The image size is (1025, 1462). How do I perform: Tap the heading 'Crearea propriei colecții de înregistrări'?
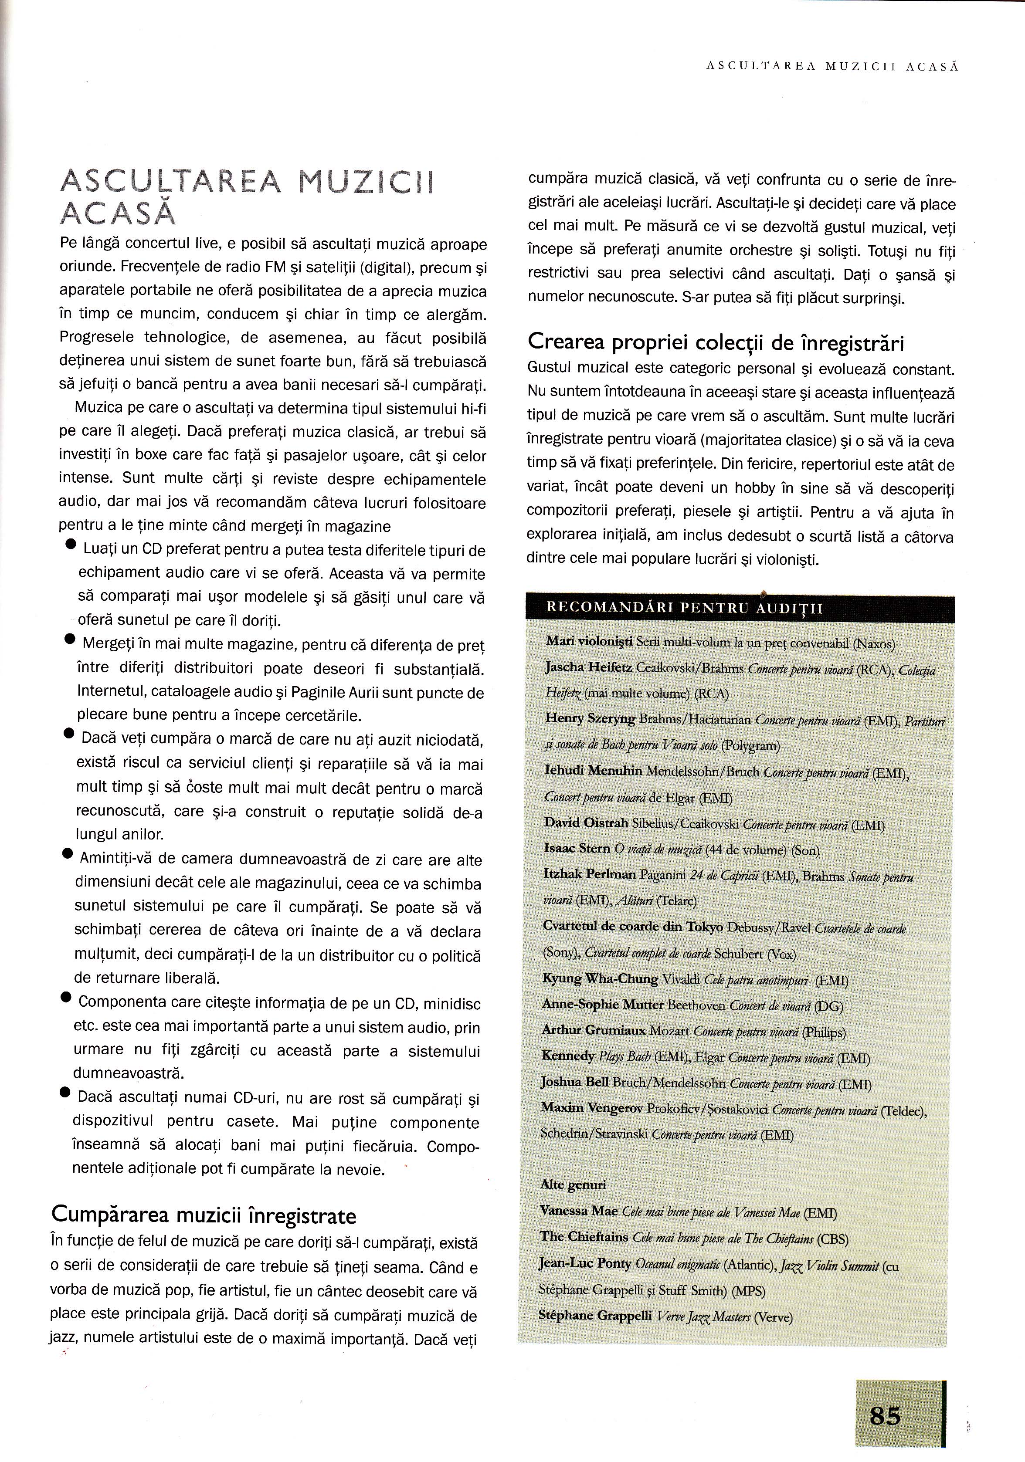(716, 343)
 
